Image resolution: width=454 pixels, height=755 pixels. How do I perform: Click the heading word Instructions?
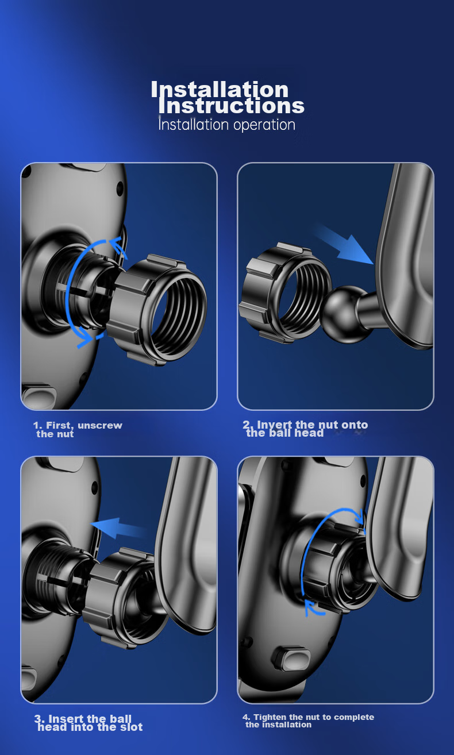click(x=232, y=106)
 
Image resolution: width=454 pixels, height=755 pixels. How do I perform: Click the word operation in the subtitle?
click(x=264, y=125)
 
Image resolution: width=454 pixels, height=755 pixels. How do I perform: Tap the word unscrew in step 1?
click(x=100, y=425)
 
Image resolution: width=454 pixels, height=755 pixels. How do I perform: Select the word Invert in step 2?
click(x=274, y=425)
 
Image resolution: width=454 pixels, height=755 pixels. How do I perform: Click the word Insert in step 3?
click(x=66, y=719)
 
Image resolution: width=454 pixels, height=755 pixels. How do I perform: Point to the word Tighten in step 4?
click(x=270, y=717)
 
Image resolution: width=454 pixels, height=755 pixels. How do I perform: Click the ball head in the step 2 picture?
click(x=341, y=309)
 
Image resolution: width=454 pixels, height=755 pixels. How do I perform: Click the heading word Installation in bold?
click(x=220, y=90)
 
